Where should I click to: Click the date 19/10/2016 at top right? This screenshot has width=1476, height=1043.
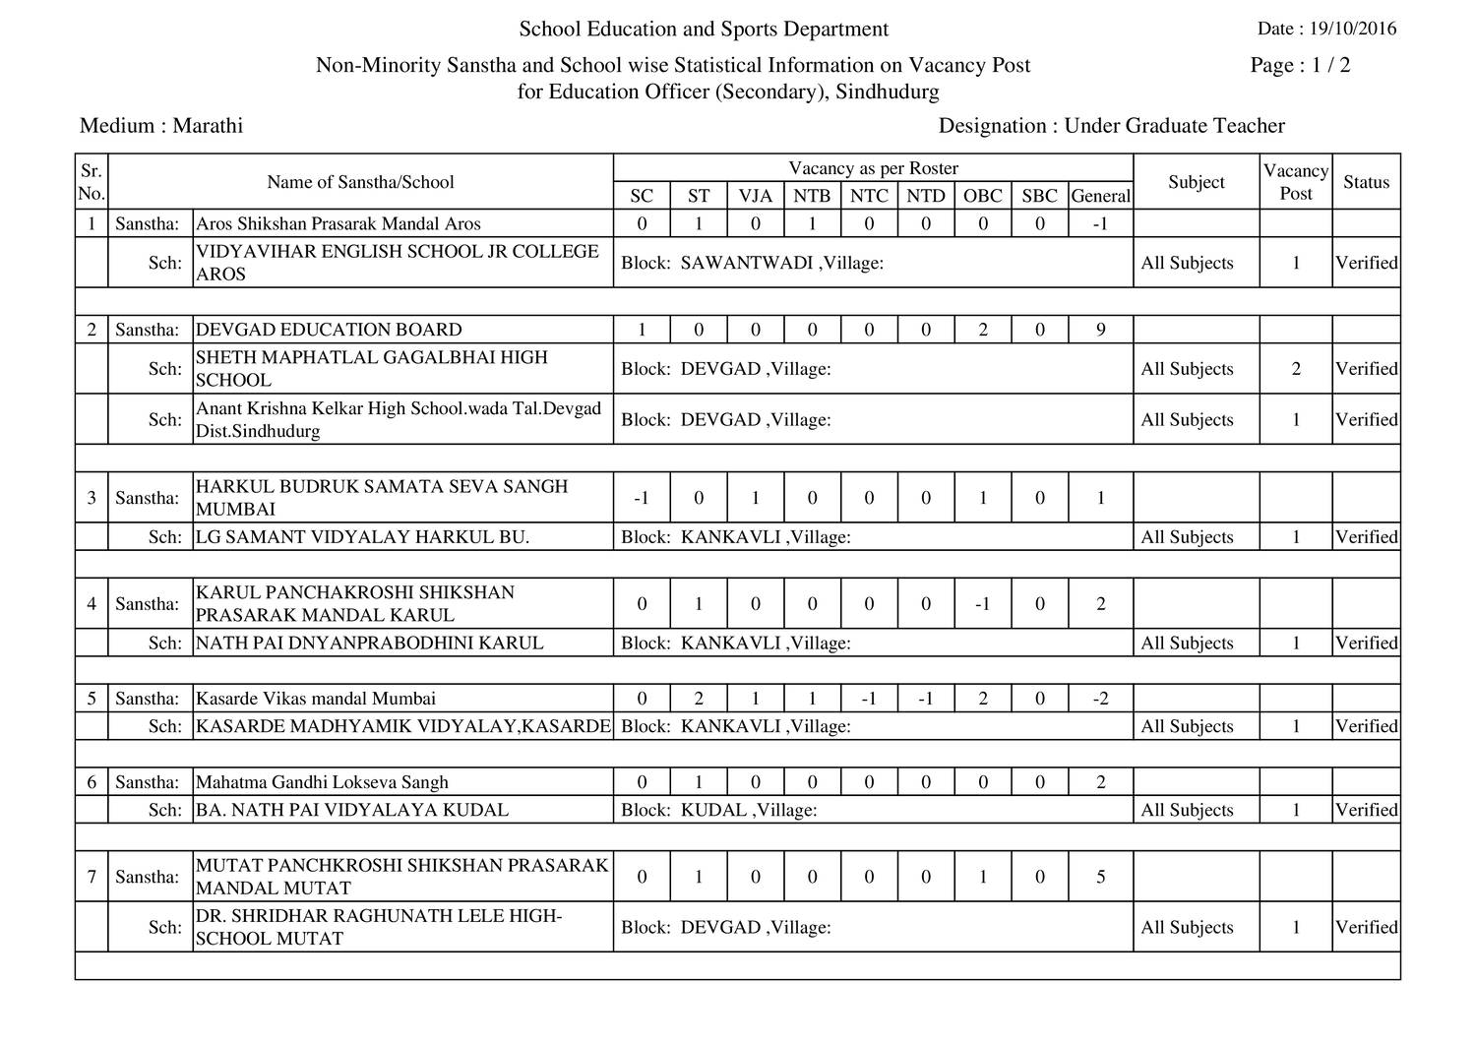click(1352, 29)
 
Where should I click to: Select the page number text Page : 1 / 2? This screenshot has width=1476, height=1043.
click(1300, 66)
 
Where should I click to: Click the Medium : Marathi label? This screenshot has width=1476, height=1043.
click(161, 126)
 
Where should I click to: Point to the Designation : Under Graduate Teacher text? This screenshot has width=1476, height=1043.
click(1111, 126)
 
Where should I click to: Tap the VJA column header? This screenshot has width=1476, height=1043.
click(755, 196)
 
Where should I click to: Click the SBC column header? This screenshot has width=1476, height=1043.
click(1039, 196)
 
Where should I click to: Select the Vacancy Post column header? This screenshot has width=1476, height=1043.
click(1295, 182)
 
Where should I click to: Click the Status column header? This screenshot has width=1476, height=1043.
click(1366, 182)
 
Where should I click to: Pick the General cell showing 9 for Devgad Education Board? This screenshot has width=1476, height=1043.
click(1100, 330)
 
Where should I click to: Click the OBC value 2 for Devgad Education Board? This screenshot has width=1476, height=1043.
click(982, 330)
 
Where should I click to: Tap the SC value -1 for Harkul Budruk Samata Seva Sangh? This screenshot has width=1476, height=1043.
click(642, 498)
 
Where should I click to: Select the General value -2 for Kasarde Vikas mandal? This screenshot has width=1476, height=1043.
click(1100, 699)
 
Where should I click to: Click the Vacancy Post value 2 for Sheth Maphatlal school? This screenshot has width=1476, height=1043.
click(1295, 369)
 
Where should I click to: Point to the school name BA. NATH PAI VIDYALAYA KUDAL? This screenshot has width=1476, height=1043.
click(352, 811)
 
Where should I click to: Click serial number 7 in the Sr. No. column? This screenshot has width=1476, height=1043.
click(92, 877)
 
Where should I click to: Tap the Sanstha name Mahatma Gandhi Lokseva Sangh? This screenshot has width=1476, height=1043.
click(322, 782)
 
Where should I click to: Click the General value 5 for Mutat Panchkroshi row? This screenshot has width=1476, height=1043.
click(1100, 877)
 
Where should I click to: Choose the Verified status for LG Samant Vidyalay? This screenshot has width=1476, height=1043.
click(1366, 537)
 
